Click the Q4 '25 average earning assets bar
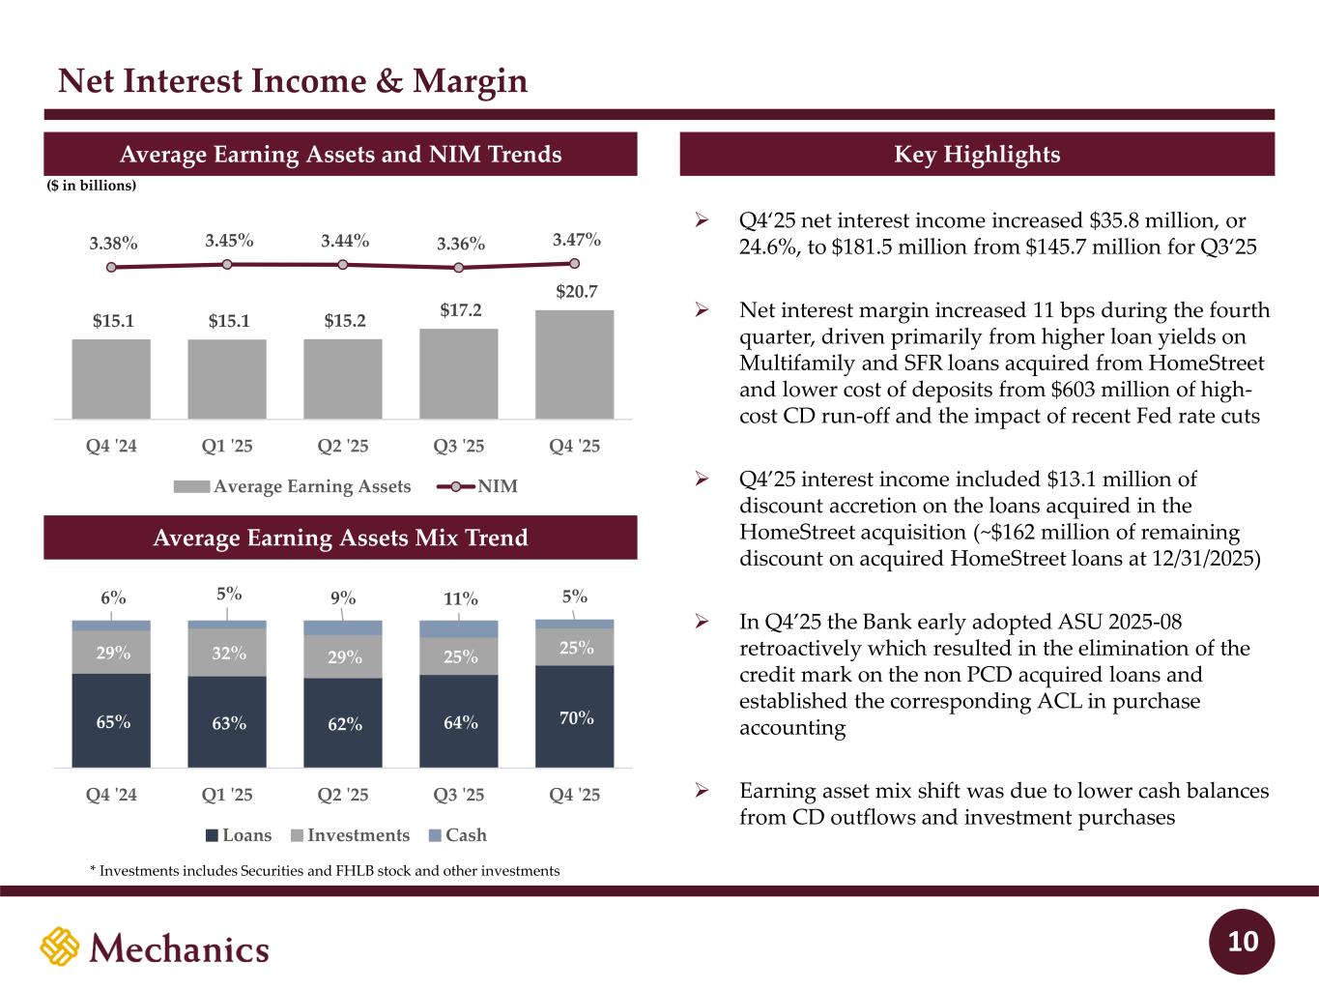tap(574, 364)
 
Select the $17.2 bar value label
tap(460, 310)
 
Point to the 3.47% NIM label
tap(577, 239)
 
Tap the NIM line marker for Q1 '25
tap(227, 264)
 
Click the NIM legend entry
tap(477, 486)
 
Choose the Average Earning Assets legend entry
tap(293, 486)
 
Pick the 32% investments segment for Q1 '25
tap(227, 653)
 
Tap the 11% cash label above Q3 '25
tap(460, 599)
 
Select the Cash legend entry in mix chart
tap(457, 835)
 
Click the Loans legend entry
tap(238, 835)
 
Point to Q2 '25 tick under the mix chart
tap(343, 795)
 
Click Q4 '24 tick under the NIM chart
tap(111, 446)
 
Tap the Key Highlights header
tap(977, 155)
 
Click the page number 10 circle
tap(1243, 942)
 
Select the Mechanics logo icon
tap(59, 947)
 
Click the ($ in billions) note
tap(92, 186)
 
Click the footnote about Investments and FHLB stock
tap(325, 871)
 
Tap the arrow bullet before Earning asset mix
tap(703, 791)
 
